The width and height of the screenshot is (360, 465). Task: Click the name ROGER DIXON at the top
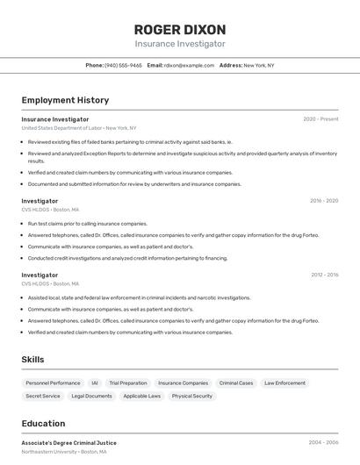tap(180, 29)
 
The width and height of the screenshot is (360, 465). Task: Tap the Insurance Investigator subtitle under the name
tap(180, 44)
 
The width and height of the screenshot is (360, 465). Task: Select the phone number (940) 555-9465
tap(123, 65)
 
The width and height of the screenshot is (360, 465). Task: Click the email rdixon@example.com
tap(189, 65)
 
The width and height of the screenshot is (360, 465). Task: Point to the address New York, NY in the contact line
tap(258, 65)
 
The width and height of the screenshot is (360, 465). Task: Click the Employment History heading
tap(65, 100)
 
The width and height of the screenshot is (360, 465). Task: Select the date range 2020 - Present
tap(320, 119)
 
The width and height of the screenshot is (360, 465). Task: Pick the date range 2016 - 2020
tap(323, 201)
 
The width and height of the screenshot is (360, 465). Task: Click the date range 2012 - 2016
tap(323, 275)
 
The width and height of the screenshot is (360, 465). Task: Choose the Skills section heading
tap(32, 360)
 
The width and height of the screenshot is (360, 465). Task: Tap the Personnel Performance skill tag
tap(53, 383)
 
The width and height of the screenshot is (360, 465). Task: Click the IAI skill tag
tap(95, 383)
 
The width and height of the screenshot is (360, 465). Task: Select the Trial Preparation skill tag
tap(128, 383)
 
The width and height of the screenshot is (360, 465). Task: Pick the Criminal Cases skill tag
tap(236, 383)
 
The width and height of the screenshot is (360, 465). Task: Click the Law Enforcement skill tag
tap(284, 383)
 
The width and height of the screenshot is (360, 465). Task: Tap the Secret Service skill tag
tap(43, 397)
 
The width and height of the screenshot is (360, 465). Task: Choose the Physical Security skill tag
tap(192, 397)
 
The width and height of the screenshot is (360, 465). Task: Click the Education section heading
tap(43, 423)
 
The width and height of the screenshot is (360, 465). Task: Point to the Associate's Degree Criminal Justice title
tap(69, 443)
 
